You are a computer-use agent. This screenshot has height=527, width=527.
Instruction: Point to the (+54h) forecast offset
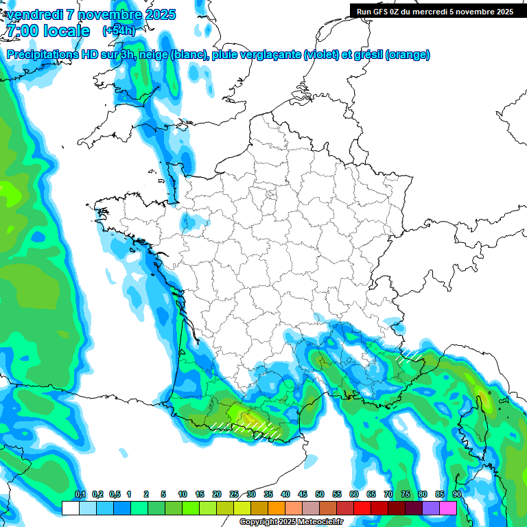119,31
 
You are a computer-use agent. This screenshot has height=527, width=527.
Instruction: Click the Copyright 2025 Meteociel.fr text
291,522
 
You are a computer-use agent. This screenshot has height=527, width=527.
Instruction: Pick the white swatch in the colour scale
70,508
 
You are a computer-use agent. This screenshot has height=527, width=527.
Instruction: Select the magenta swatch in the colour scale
448,508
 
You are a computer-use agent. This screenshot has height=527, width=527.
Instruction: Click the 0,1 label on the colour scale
80,494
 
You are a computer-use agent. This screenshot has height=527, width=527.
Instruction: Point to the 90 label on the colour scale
457,494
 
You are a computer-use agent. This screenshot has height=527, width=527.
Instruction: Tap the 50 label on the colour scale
320,494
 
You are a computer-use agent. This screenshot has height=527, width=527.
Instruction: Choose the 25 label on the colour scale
234,494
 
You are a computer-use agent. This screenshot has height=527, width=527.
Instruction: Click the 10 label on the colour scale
183,494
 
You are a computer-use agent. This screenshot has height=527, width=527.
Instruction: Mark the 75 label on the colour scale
406,494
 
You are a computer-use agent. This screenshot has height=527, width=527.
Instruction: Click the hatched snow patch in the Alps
410,354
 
